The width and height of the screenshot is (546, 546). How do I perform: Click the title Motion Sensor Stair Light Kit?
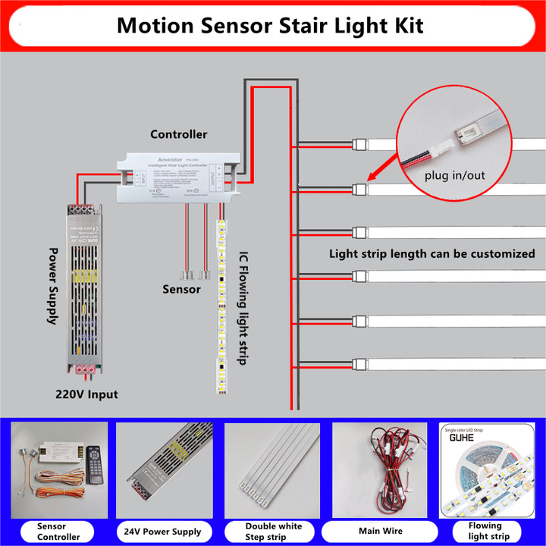coord(270,26)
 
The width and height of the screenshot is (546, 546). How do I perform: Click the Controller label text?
coord(178,134)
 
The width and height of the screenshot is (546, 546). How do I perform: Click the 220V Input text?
coord(86,394)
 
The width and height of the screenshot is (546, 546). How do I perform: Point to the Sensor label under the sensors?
coord(181,289)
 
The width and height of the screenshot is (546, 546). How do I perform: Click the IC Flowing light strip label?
coord(243,308)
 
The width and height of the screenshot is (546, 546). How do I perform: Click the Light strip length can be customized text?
coord(432,253)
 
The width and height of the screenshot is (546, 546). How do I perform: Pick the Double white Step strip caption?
coord(273,531)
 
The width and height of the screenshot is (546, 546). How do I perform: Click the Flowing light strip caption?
coord(485,531)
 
